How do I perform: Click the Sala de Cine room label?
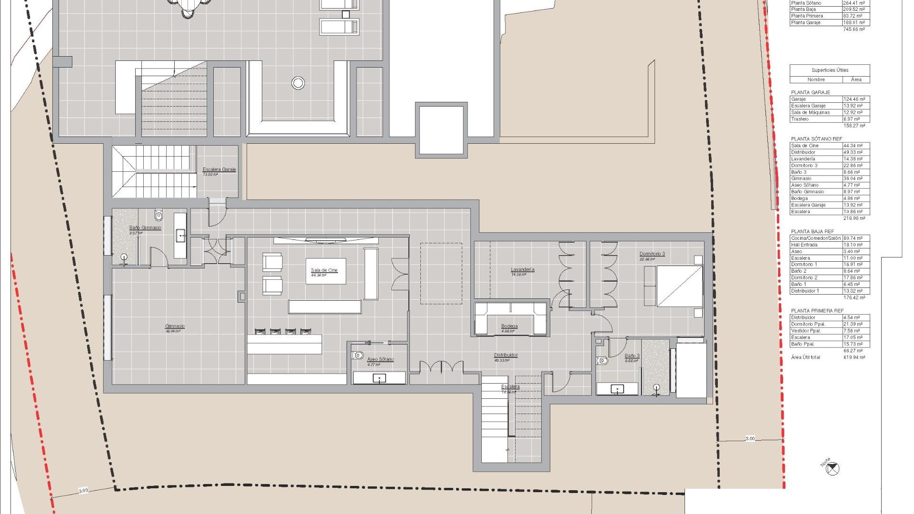pyautogui.click(x=324, y=270)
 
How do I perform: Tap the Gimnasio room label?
pyautogui.click(x=175, y=326)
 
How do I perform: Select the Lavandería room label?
pyautogui.click(x=523, y=270)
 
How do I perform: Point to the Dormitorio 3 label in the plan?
pyautogui.click(x=652, y=254)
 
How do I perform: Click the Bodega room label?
pyautogui.click(x=509, y=326)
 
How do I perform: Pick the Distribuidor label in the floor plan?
pyautogui.click(x=506, y=356)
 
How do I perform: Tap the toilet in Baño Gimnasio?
pyautogui.click(x=159, y=216)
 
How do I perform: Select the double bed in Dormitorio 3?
pyautogui.click(x=679, y=286)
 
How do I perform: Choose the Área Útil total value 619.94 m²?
pyautogui.click(x=854, y=357)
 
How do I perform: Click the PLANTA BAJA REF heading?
pyautogui.click(x=813, y=232)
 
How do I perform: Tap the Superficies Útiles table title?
pyautogui.click(x=830, y=70)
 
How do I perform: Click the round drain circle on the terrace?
pyautogui.click(x=298, y=83)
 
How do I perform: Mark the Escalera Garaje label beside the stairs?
pyautogui.click(x=219, y=169)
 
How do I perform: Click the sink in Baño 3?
pyautogui.click(x=617, y=389)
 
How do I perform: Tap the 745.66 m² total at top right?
pyautogui.click(x=854, y=30)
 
